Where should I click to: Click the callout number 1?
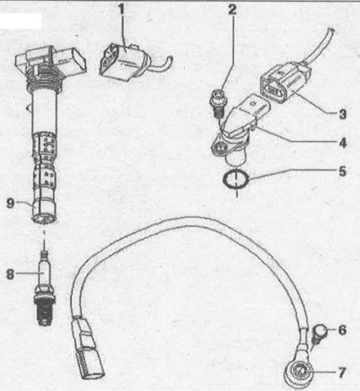click(122, 9)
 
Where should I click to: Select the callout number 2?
click(232, 9)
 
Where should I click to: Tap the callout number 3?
click(342, 114)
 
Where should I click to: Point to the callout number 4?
click(343, 143)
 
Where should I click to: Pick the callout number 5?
click(343, 172)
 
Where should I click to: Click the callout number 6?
click(342, 330)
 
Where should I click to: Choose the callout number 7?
click(342, 373)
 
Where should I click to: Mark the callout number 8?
click(10, 274)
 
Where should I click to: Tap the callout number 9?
click(10, 203)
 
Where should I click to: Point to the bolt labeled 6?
click(318, 336)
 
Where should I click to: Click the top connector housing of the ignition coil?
click(51, 60)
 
